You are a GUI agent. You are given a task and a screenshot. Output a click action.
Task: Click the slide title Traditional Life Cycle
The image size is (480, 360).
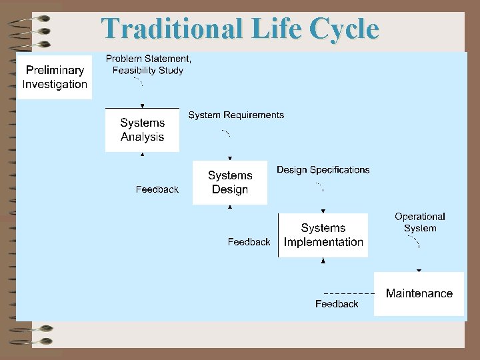pos(240,29)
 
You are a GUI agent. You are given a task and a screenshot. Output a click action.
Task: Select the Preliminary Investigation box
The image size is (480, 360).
pos(55,77)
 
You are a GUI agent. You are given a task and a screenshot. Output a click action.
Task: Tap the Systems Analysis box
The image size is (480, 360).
pos(142,130)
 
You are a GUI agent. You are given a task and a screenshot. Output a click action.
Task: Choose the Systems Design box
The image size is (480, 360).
pos(229,182)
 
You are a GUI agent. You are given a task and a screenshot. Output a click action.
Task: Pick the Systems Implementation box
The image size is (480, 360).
pos(323,235)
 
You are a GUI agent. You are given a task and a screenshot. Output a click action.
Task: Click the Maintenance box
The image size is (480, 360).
pos(419,293)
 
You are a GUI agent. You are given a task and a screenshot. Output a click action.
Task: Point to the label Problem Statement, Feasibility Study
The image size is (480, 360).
pos(148,64)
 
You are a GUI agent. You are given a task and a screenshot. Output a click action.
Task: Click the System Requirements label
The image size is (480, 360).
pos(236,115)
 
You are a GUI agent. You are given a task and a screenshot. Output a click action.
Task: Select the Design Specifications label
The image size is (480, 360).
pos(323,170)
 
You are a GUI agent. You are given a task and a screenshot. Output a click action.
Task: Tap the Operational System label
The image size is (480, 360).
pos(419,222)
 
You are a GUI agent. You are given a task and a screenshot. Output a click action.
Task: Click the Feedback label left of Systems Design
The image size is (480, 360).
pos(157,189)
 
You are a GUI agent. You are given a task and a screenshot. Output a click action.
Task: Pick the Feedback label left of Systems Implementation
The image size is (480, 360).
pos(249,242)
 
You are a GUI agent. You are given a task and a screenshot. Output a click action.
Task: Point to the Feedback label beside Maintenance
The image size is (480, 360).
pos(337,304)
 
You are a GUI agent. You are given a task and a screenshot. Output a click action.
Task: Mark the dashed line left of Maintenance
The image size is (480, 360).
pos(348,293)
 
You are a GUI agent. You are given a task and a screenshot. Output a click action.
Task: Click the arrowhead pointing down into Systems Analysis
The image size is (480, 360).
pos(142,105)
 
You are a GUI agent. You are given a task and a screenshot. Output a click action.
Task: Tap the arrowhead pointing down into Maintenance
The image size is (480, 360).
pos(419,270)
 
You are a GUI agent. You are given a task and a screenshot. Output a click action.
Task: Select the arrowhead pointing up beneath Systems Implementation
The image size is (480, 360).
pos(323,260)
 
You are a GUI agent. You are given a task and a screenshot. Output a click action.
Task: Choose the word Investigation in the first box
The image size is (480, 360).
pos(55,84)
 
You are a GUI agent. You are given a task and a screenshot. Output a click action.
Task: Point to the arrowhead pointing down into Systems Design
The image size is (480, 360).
pos(230,158)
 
